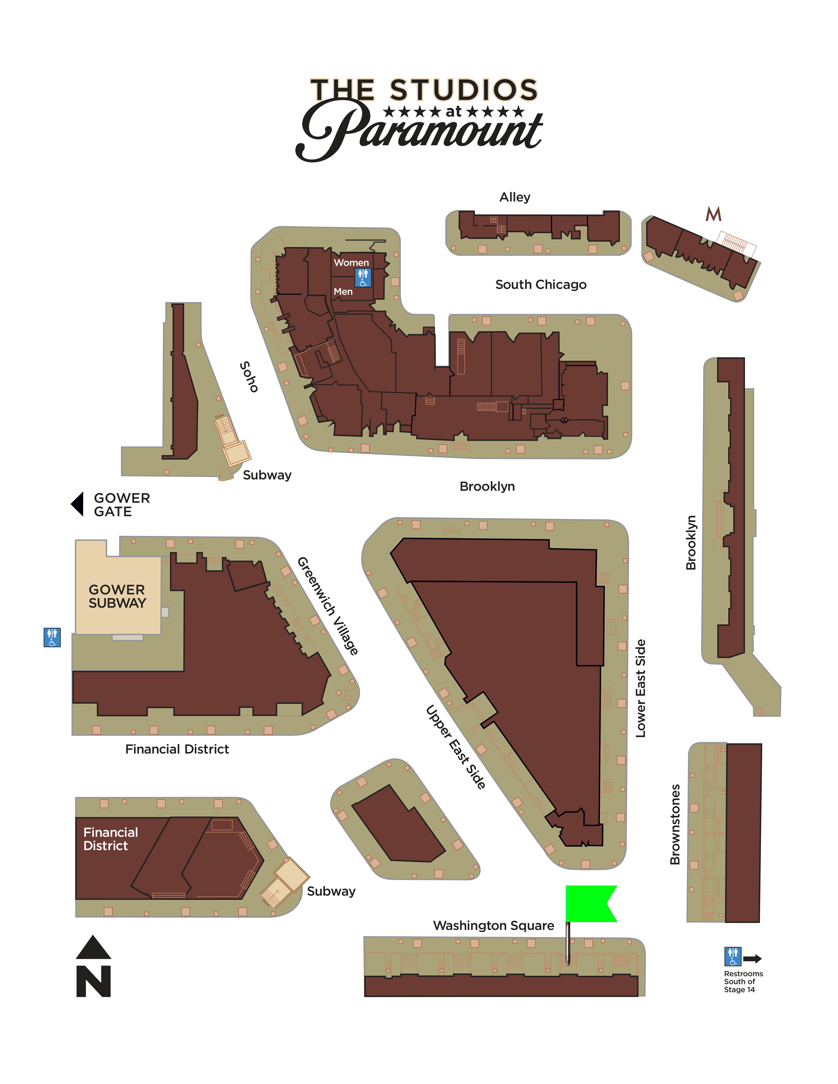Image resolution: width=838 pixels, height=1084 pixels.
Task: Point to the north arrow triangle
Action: point(93,948)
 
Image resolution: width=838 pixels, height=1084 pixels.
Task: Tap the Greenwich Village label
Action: point(328,606)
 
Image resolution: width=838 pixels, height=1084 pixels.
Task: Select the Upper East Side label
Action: point(456,747)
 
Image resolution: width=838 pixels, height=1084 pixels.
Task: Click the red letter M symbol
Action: point(713,214)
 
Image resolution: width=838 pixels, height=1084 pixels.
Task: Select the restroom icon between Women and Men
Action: point(363,277)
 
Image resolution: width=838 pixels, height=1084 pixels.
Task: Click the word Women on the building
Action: point(351,263)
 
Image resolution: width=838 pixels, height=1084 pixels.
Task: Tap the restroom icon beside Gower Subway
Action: point(52,637)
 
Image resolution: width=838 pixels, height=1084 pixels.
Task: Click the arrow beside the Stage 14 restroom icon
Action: point(752,958)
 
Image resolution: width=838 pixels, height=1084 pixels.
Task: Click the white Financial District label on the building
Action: point(110,839)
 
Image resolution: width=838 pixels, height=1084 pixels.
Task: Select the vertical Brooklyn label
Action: point(691,542)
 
